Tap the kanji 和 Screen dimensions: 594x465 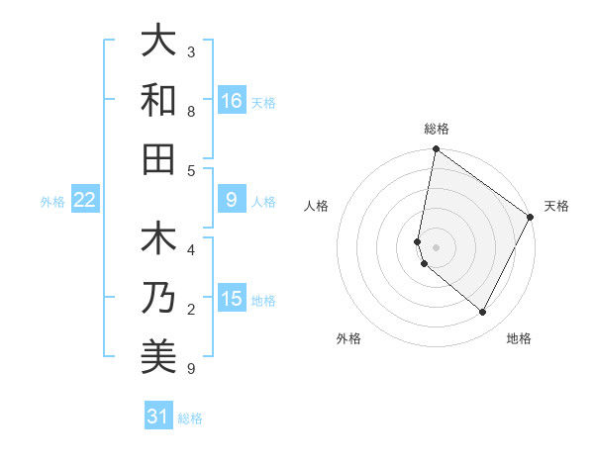(x=158, y=100)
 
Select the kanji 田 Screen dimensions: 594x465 (x=158, y=158)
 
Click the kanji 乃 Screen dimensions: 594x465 (x=158, y=298)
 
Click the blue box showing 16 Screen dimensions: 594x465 (x=231, y=100)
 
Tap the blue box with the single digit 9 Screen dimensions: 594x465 (x=231, y=200)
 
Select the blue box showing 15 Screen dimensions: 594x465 (x=231, y=299)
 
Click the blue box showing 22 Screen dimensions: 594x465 (x=84, y=200)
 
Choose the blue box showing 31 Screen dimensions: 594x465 (x=157, y=417)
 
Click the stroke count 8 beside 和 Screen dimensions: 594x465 (x=191, y=112)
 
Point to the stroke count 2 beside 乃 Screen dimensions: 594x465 (x=191, y=310)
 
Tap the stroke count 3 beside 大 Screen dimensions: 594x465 (x=191, y=51)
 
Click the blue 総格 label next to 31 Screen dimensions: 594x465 (x=190, y=418)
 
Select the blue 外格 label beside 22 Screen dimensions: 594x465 (x=52, y=202)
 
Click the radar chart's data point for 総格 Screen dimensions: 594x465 (x=436, y=149)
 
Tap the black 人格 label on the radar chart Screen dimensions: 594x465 (x=317, y=206)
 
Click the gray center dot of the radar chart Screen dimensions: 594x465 (x=436, y=246)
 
